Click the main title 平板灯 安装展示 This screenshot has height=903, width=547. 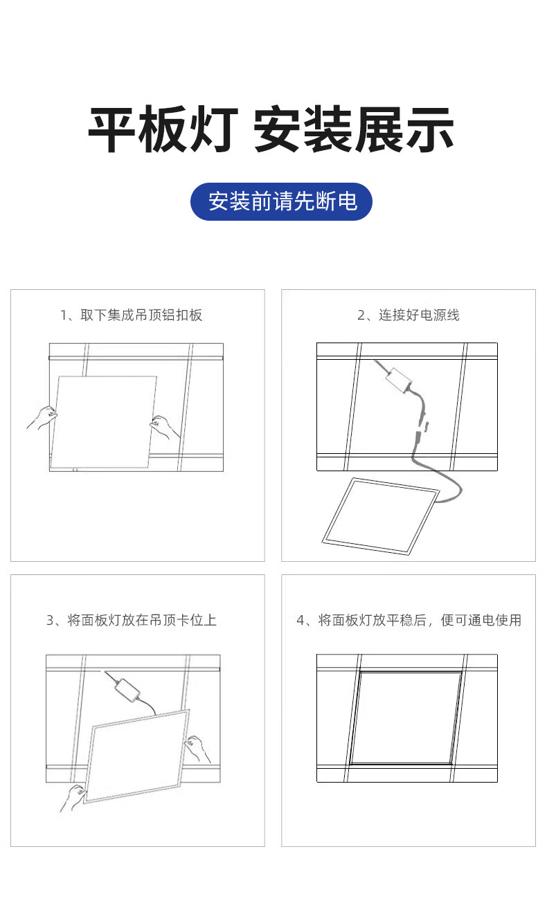[271, 129]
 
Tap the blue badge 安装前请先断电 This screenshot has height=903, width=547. [281, 201]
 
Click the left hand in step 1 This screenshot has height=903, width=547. [42, 417]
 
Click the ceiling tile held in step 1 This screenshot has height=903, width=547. [104, 422]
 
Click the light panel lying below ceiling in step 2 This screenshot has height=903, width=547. [380, 516]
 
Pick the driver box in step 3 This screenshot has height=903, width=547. [127, 690]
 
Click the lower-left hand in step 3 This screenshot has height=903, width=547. [73, 798]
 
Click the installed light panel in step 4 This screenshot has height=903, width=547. [406, 718]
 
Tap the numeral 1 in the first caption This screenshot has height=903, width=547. [63, 316]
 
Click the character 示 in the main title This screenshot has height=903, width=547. [431, 129]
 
